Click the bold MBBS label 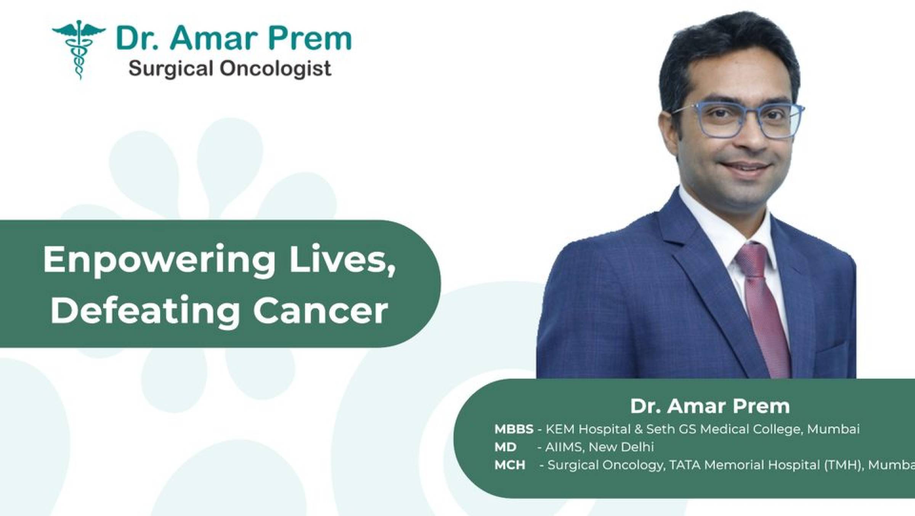[x=514, y=429]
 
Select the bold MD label [x=505, y=447]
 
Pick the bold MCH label [x=510, y=465]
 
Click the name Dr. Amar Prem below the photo [x=710, y=407]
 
